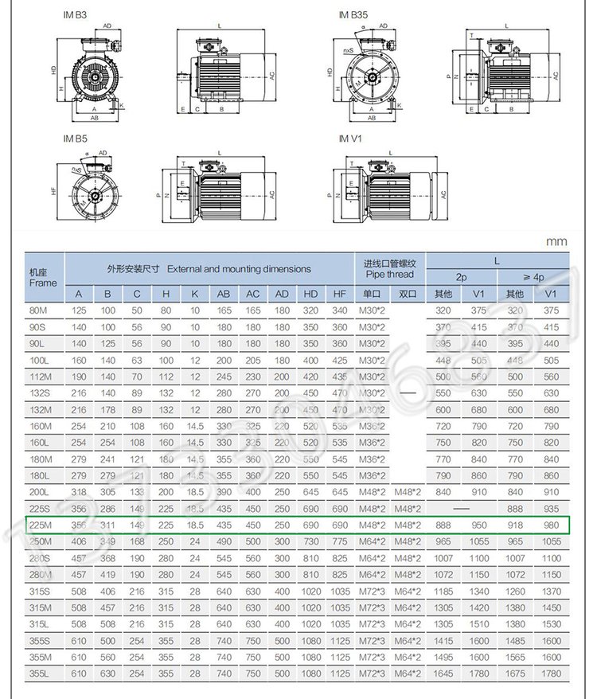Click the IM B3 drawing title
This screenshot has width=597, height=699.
click(76, 15)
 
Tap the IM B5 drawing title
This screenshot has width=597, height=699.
click(76, 138)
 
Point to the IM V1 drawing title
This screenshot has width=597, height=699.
click(350, 138)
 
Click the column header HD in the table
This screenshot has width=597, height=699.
click(311, 294)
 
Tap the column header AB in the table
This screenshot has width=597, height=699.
click(224, 294)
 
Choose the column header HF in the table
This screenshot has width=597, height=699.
click(340, 294)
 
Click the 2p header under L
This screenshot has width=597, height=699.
click(462, 277)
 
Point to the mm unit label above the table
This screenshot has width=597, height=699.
click(556, 240)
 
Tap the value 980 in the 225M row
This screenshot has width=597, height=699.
click(552, 525)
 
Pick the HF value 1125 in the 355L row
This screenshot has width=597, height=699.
click(340, 673)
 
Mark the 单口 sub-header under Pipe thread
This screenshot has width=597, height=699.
click(372, 294)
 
